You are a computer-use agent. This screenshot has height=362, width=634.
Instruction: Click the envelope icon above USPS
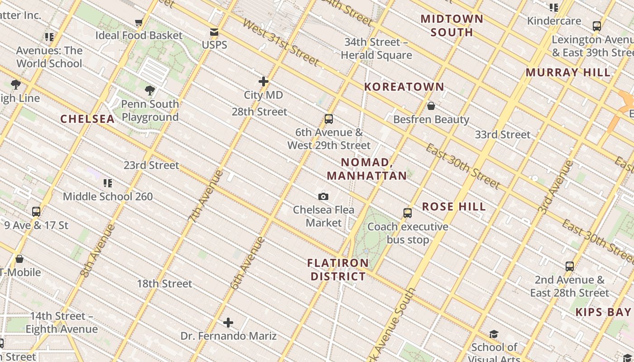tap(214, 32)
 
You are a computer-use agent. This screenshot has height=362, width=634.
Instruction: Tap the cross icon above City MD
tap(264, 81)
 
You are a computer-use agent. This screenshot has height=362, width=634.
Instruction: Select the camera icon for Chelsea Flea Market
tap(323, 196)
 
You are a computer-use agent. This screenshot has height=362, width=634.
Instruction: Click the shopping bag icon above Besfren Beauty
tap(431, 106)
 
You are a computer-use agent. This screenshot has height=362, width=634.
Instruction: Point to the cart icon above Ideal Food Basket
tap(139, 22)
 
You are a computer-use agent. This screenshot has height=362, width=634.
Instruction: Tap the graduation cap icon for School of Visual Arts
tap(494, 334)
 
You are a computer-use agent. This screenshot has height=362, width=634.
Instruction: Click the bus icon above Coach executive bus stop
tap(408, 213)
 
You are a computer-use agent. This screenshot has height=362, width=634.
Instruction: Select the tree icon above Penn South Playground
tap(150, 90)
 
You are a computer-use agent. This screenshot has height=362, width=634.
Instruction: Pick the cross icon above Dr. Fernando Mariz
tap(228, 323)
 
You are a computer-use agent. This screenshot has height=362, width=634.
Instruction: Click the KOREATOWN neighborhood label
tap(404, 87)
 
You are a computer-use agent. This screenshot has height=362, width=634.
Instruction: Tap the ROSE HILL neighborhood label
tap(454, 207)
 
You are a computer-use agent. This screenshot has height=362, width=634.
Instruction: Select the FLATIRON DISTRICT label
tap(338, 270)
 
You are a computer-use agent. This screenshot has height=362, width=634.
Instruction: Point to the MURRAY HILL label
tap(568, 72)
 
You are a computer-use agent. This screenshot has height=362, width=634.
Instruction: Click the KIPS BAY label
tap(603, 312)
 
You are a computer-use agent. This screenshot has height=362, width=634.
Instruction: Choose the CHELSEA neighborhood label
tap(87, 119)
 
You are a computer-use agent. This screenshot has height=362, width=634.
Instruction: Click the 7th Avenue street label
tap(206, 195)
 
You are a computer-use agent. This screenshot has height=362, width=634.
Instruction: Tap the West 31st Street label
tap(281, 43)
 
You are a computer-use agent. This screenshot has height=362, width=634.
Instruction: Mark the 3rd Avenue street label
tap(556, 187)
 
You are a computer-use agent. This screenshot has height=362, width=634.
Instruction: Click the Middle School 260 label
tap(108, 196)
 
